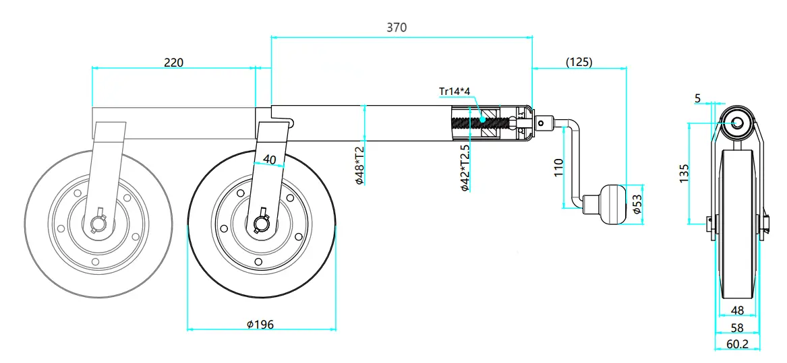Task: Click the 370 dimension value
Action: [x=397, y=28]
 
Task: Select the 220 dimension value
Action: [x=174, y=63]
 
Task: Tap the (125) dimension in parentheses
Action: [x=579, y=63]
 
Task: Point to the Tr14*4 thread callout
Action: [x=458, y=92]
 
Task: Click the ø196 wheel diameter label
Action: [x=260, y=324]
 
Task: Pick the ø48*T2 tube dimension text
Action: [x=359, y=165]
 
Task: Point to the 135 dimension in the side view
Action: [x=684, y=172]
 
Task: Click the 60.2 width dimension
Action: [x=736, y=343]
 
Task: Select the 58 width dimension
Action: [x=736, y=327]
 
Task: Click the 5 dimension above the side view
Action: [x=697, y=98]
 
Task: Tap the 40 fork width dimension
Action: [x=269, y=160]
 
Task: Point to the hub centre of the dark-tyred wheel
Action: [x=262, y=223]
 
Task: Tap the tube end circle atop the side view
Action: [x=736, y=123]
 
